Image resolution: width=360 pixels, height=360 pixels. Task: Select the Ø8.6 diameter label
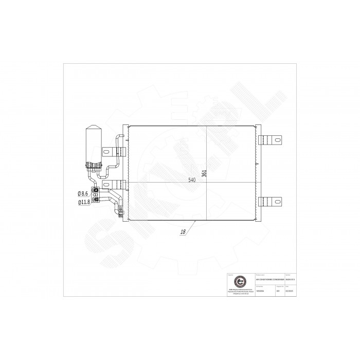coord(83,193)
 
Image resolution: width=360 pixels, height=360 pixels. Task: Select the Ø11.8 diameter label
coord(84,202)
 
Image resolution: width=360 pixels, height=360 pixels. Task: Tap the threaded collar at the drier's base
coord(95,165)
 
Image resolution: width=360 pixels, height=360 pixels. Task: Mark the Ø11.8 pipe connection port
coord(95,200)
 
